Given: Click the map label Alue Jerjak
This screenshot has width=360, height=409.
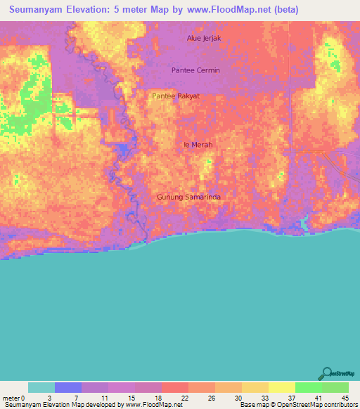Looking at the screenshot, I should pos(204,38).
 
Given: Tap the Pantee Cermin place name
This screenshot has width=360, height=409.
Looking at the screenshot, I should pos(195,70).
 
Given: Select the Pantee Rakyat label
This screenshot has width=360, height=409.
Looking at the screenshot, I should pos(176,96).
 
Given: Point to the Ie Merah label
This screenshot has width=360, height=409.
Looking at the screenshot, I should pos(198,145).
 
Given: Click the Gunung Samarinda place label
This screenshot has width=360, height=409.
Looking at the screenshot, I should pos(188,197).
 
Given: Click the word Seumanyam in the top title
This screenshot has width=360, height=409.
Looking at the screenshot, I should pos(39,10).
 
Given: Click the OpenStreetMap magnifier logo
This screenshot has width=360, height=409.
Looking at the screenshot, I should pos(326,373).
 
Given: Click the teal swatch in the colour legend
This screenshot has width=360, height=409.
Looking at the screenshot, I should pos(41,387).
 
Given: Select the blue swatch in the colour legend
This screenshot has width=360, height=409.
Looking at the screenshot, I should pos(68,387).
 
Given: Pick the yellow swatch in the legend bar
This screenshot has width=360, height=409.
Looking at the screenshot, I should pos(282,387).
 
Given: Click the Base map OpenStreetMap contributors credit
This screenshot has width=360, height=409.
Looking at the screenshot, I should pos(298,405).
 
